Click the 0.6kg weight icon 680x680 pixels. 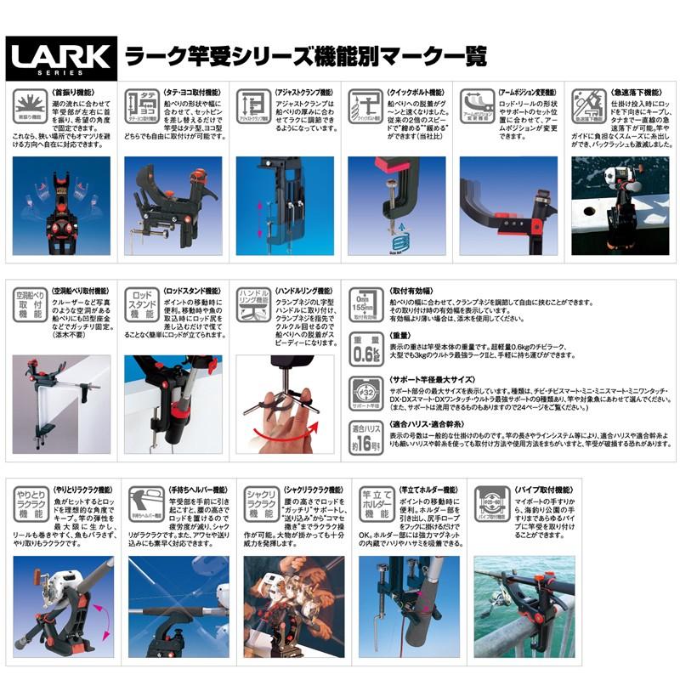pos(364,348)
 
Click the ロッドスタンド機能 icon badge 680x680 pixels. pos(141,303)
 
